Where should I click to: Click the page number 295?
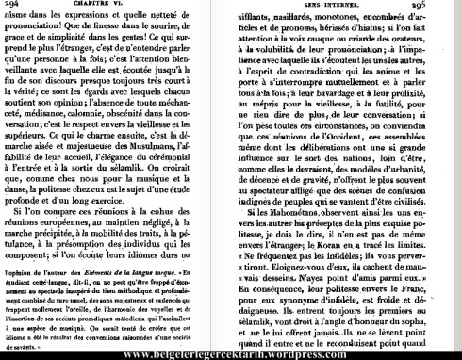pos(447,8)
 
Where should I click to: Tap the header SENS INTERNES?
pos(316,8)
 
